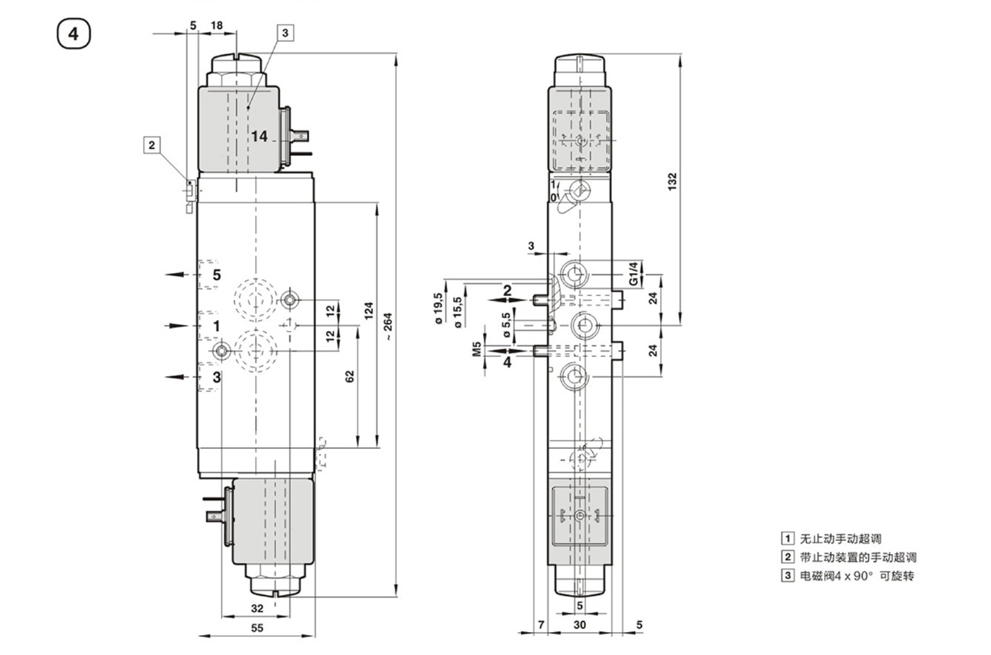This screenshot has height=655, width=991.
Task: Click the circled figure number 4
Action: [x=73, y=33]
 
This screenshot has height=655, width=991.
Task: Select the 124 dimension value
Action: [x=369, y=311]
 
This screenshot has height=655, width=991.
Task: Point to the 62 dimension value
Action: [x=350, y=376]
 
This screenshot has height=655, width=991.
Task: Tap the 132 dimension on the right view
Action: [x=672, y=181]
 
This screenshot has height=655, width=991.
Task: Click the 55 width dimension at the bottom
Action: [x=257, y=628]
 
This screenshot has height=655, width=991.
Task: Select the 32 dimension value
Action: [x=257, y=608]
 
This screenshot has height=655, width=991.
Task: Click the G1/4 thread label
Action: [x=633, y=274]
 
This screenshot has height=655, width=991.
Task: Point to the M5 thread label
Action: [x=476, y=349]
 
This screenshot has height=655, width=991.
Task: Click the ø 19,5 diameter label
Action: [x=438, y=309]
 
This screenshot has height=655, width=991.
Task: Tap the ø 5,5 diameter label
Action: [x=506, y=320]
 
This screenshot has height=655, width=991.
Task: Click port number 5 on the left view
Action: [x=216, y=275]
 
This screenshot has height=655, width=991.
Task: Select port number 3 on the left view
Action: [x=216, y=378]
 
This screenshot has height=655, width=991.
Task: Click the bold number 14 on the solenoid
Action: [x=259, y=137]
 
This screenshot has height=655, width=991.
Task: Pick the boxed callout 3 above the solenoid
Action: [x=285, y=33]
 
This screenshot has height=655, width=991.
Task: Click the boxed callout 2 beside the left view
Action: [x=152, y=145]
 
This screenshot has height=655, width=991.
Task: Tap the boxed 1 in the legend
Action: [x=787, y=538]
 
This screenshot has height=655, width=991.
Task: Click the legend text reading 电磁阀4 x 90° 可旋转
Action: [x=857, y=576]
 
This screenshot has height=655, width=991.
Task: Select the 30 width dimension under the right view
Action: [x=579, y=625]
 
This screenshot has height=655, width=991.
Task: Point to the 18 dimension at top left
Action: [x=216, y=25]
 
